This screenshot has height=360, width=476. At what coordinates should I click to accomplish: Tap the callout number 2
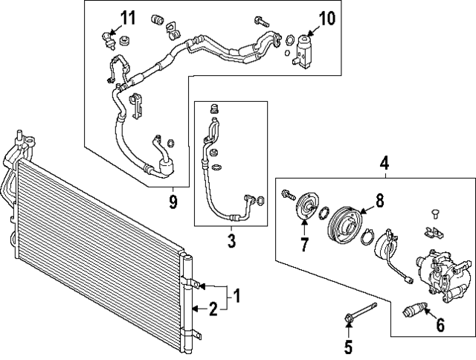[213, 308]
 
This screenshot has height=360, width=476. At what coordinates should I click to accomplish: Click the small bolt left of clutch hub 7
[286, 195]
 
